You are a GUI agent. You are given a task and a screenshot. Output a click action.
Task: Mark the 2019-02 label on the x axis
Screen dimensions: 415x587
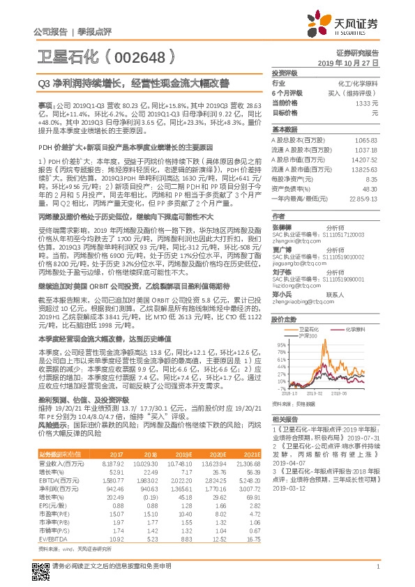pyautogui.click(x=300, y=394)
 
